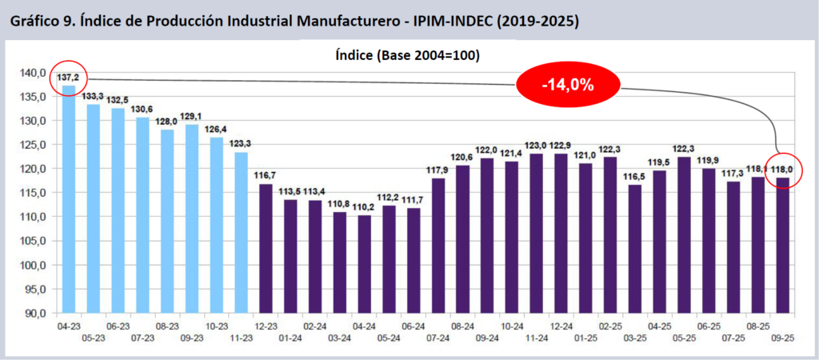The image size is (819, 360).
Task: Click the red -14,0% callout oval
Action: (x=569, y=84)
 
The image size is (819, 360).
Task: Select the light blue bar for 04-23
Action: (x=69, y=200)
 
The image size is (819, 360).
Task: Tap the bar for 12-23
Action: (x=266, y=248)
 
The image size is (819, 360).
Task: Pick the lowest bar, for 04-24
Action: (x=364, y=264)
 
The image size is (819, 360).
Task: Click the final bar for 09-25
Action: (x=782, y=244)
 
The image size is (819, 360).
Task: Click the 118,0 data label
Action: (x=782, y=170)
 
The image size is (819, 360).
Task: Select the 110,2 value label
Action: (x=364, y=207)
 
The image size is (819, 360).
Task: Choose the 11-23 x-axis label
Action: (x=241, y=338)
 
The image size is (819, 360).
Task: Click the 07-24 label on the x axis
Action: (x=437, y=338)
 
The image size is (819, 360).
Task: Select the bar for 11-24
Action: (x=536, y=233)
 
